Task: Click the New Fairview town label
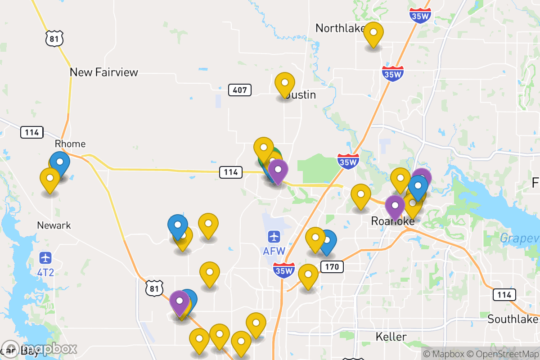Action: coord(104,72)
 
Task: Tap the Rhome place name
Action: coord(70,144)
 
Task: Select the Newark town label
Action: coord(54,225)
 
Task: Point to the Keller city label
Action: coord(391,337)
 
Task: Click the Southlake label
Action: coord(513,319)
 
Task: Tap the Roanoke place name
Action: coord(393,221)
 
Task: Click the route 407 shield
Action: coord(240,90)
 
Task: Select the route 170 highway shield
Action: coord(332,267)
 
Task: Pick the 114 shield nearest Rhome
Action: coord(32,132)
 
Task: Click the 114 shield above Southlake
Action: coord(504,295)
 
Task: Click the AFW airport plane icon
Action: coord(274,236)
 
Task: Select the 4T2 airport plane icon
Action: coord(45,258)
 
